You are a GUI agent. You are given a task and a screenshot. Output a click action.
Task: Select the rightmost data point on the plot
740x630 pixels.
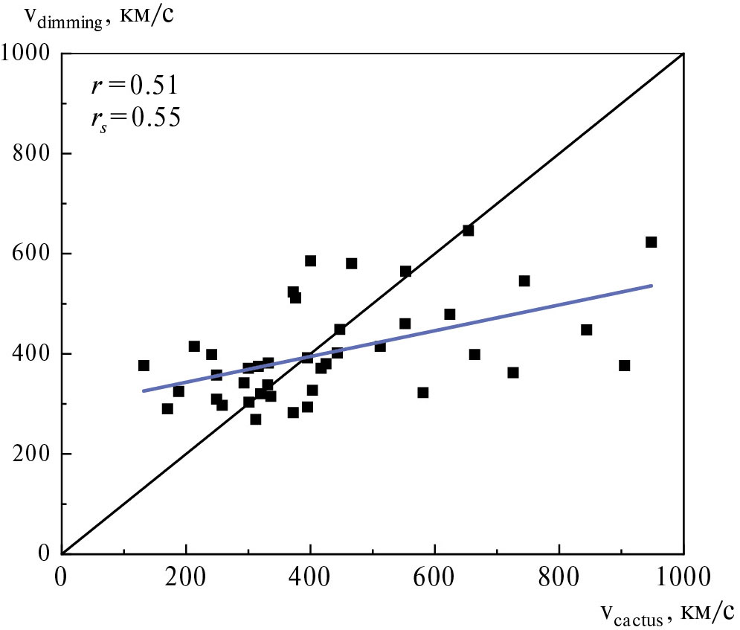pyautogui.click(x=651, y=242)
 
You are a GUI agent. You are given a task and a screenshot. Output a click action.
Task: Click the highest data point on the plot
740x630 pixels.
pyautogui.click(x=468, y=231)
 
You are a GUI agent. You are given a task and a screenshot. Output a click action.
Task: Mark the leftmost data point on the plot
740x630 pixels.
pyautogui.click(x=144, y=365)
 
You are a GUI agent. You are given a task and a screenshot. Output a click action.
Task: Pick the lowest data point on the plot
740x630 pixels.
pyautogui.click(x=255, y=420)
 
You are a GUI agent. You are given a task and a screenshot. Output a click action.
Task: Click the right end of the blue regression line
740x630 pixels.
pyautogui.click(x=651, y=286)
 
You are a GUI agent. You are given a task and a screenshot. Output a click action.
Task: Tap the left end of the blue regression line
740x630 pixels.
pyautogui.click(x=144, y=390)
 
